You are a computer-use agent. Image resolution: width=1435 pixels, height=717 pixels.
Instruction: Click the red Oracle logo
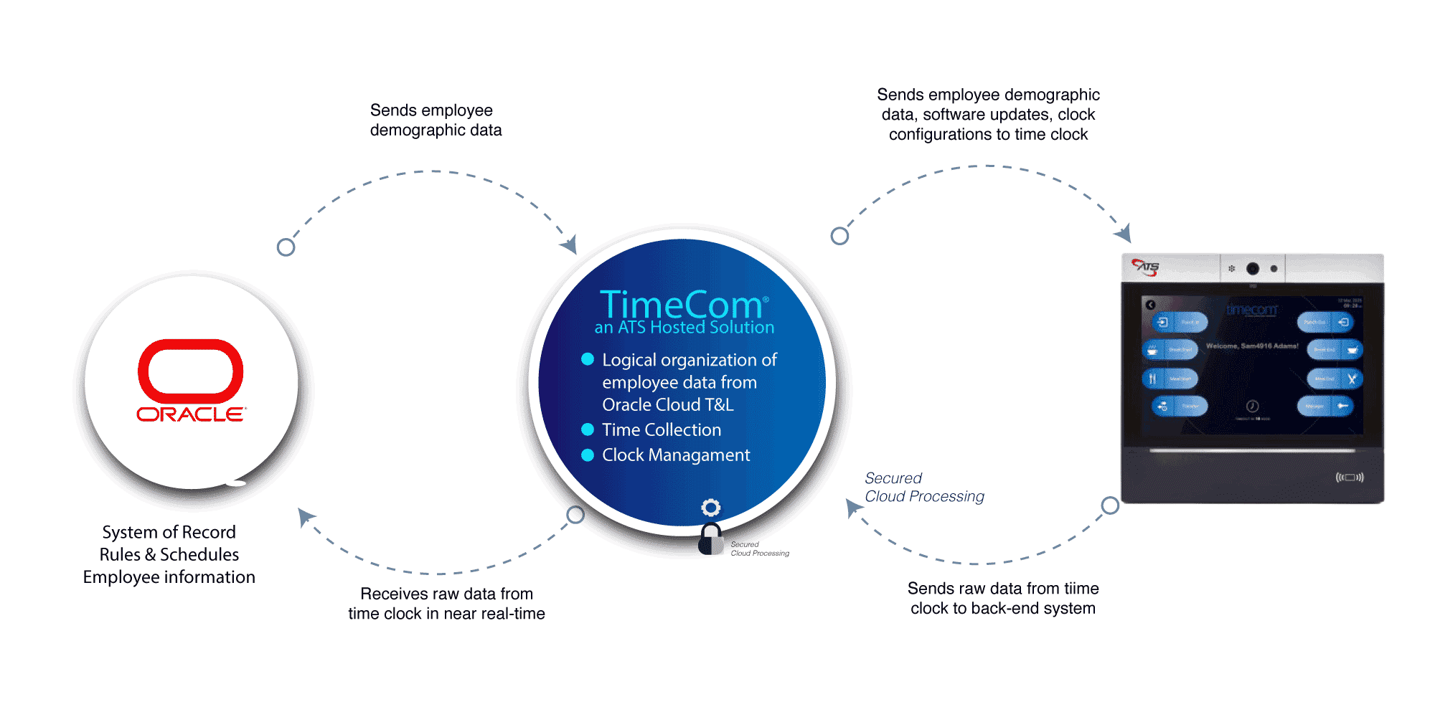point(191,380)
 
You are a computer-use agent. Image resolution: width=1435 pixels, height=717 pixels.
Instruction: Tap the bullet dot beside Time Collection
point(588,429)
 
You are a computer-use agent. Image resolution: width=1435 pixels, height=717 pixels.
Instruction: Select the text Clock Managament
point(676,455)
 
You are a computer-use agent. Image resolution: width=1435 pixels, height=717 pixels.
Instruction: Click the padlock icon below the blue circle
point(710,539)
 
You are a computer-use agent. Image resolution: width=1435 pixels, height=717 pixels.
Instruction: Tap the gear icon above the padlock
point(710,508)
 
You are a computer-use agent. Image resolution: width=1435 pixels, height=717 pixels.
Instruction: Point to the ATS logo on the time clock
point(1146,267)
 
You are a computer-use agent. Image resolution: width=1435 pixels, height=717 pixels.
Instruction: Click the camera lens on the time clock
point(1253,268)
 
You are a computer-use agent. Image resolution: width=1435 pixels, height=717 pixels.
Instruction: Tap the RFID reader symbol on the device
point(1349,478)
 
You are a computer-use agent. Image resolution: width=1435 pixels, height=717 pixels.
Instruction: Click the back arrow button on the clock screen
point(1151,305)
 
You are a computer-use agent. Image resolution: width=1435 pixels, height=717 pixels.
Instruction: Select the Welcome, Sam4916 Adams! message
point(1252,346)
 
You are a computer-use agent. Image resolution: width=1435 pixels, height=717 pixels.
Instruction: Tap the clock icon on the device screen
point(1252,406)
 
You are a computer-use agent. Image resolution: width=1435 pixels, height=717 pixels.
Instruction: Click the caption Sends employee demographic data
point(436,120)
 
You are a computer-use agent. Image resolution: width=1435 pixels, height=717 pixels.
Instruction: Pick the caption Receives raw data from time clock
point(446,604)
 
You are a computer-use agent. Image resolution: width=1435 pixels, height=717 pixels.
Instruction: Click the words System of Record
point(169,532)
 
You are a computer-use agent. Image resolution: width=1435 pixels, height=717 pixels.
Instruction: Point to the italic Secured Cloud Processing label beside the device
point(923,488)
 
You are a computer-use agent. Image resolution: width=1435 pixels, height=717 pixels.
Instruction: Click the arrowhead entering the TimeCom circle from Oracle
point(570,244)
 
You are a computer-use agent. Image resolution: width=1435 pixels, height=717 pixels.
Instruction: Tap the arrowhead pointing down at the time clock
point(1124,232)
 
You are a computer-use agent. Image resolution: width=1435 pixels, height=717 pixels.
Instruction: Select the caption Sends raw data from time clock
point(1003,598)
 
